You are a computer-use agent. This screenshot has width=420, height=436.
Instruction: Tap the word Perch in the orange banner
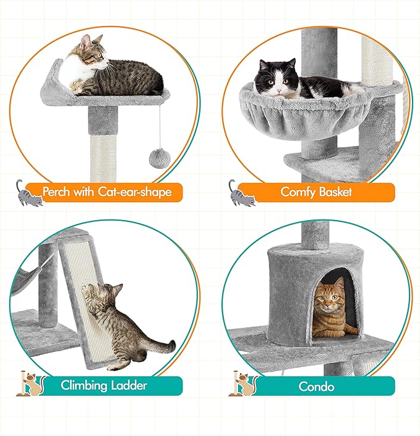point(58,192)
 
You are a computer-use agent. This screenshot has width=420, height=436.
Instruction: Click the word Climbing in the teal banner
point(87,385)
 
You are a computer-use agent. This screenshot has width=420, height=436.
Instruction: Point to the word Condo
point(317,387)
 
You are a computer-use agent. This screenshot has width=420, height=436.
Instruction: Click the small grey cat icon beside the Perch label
point(28,194)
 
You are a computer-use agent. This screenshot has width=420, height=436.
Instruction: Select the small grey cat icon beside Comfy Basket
point(241,194)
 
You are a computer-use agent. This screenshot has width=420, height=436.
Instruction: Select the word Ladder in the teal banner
point(130,385)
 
